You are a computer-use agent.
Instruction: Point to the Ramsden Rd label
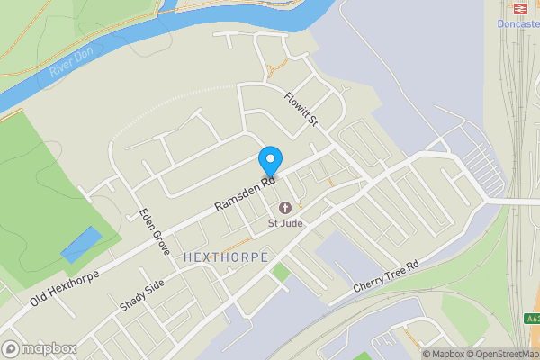pyautogui.click(x=246, y=194)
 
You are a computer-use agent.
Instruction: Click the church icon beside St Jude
pyautogui.click(x=286, y=207)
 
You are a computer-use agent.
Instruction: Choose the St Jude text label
pyautogui.click(x=286, y=222)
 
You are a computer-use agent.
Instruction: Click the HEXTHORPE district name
pyautogui.click(x=225, y=257)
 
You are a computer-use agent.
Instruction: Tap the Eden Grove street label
pyautogui.click(x=154, y=231)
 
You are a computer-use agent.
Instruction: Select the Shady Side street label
pyautogui.click(x=142, y=295)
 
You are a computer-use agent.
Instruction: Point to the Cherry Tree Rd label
pyautogui.click(x=387, y=275)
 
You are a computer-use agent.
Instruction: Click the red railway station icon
pyautogui.click(x=519, y=8)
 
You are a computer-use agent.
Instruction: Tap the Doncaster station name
pyautogui.click(x=517, y=24)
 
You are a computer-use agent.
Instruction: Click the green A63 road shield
pyautogui.click(x=532, y=318)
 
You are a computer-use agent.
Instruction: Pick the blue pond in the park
pyautogui.click(x=81, y=244)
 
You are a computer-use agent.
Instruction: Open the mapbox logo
pyautogui.click(x=40, y=348)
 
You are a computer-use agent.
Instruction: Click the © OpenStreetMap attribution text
pyautogui.click(x=501, y=354)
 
